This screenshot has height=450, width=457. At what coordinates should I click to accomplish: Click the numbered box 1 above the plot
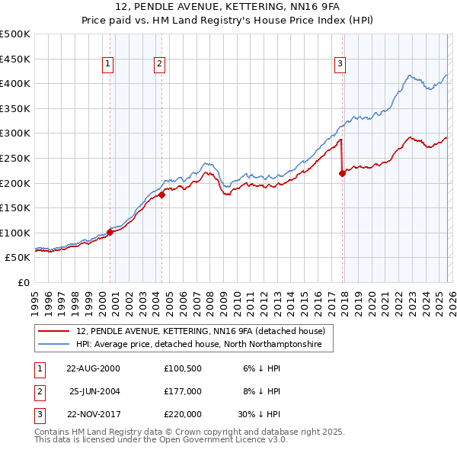(x=109, y=65)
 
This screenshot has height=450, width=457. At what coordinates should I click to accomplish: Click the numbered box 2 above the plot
(x=160, y=65)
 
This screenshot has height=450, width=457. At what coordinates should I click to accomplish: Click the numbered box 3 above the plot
(x=340, y=65)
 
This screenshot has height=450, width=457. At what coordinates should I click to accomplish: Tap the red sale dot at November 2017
(x=342, y=173)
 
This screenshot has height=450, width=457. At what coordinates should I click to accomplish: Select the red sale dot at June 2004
(x=162, y=194)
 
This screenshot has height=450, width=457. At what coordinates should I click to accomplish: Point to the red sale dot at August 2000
(x=110, y=233)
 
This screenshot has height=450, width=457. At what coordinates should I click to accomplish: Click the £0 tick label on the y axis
(x=22, y=282)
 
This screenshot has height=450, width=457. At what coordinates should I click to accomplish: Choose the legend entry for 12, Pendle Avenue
(x=201, y=331)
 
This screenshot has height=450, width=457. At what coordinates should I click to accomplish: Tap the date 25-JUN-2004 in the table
(x=94, y=391)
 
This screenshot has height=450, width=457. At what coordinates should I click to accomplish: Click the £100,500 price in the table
(x=183, y=368)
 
